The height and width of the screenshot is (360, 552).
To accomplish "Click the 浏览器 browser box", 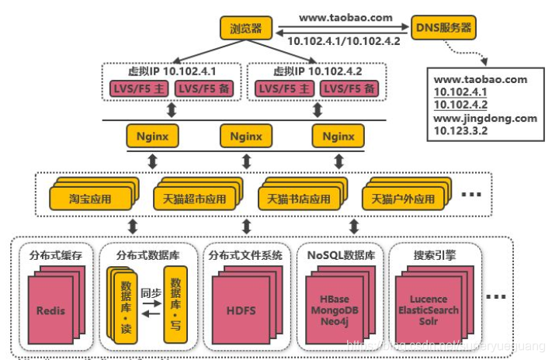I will [x=246, y=29].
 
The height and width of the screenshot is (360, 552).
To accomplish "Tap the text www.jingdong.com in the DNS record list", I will [x=485, y=118].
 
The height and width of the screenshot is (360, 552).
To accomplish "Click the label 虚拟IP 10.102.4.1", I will [x=168, y=71].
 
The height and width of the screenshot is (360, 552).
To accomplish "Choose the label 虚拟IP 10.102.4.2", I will [x=313, y=71].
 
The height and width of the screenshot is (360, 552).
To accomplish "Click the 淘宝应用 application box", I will [x=89, y=199].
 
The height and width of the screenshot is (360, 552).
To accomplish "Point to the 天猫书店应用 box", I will [x=295, y=199].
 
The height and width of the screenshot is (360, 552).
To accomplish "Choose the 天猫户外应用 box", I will [x=402, y=199].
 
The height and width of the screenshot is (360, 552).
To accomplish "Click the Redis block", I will [x=50, y=310].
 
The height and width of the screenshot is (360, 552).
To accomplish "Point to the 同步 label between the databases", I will [x=150, y=293].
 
